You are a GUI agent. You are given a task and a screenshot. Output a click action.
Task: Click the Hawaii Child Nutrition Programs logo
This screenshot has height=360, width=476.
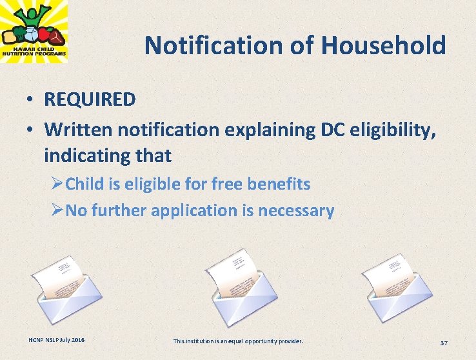click(x=34, y=32)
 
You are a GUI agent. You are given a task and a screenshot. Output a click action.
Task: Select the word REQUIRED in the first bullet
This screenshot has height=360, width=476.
click(x=90, y=99)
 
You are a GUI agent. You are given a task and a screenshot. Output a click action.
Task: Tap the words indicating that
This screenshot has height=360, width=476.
click(x=108, y=155)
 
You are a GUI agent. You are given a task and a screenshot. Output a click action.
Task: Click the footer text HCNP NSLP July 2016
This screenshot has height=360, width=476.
click(x=56, y=339)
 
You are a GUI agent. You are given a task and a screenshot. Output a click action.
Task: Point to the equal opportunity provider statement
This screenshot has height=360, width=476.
click(x=238, y=340)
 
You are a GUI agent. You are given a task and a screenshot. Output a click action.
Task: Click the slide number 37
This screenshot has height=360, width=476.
click(x=444, y=341)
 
